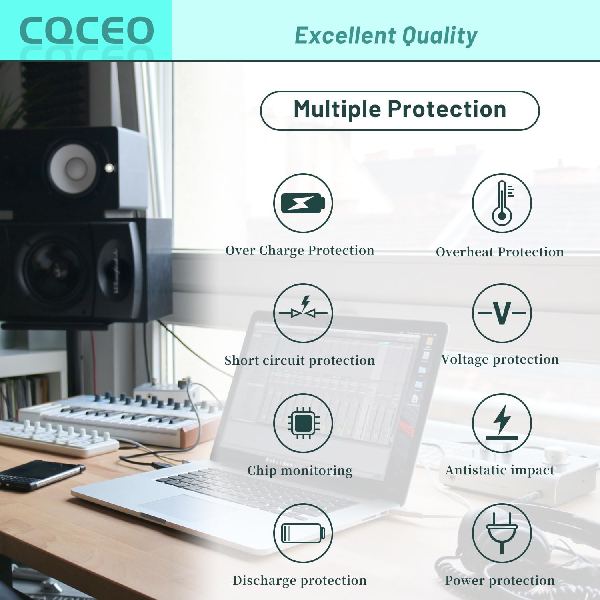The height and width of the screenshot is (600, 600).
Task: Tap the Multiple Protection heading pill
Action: pos(400,110)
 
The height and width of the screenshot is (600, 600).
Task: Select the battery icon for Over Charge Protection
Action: pos(303,203)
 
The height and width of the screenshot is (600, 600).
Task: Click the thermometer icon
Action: pos(502,203)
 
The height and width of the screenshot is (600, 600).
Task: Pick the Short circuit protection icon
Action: pos(303,313)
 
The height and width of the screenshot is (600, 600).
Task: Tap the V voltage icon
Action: pos(502,313)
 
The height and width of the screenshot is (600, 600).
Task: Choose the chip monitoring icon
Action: pos(303,423)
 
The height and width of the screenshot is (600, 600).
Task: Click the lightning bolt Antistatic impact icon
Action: pos(502,423)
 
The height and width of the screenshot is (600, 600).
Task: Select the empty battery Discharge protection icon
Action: pos(303,533)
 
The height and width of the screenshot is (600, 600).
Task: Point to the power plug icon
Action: pos(502,533)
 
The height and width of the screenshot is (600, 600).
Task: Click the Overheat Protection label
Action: pos(500,252)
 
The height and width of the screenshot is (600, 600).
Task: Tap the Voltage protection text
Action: pos(500,360)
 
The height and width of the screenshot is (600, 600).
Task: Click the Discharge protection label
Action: pos(300,580)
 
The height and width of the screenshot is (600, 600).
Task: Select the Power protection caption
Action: pos(500,580)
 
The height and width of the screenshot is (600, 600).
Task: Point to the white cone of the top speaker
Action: pos(73,168)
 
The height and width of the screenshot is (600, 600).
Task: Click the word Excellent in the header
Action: pos(345,35)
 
